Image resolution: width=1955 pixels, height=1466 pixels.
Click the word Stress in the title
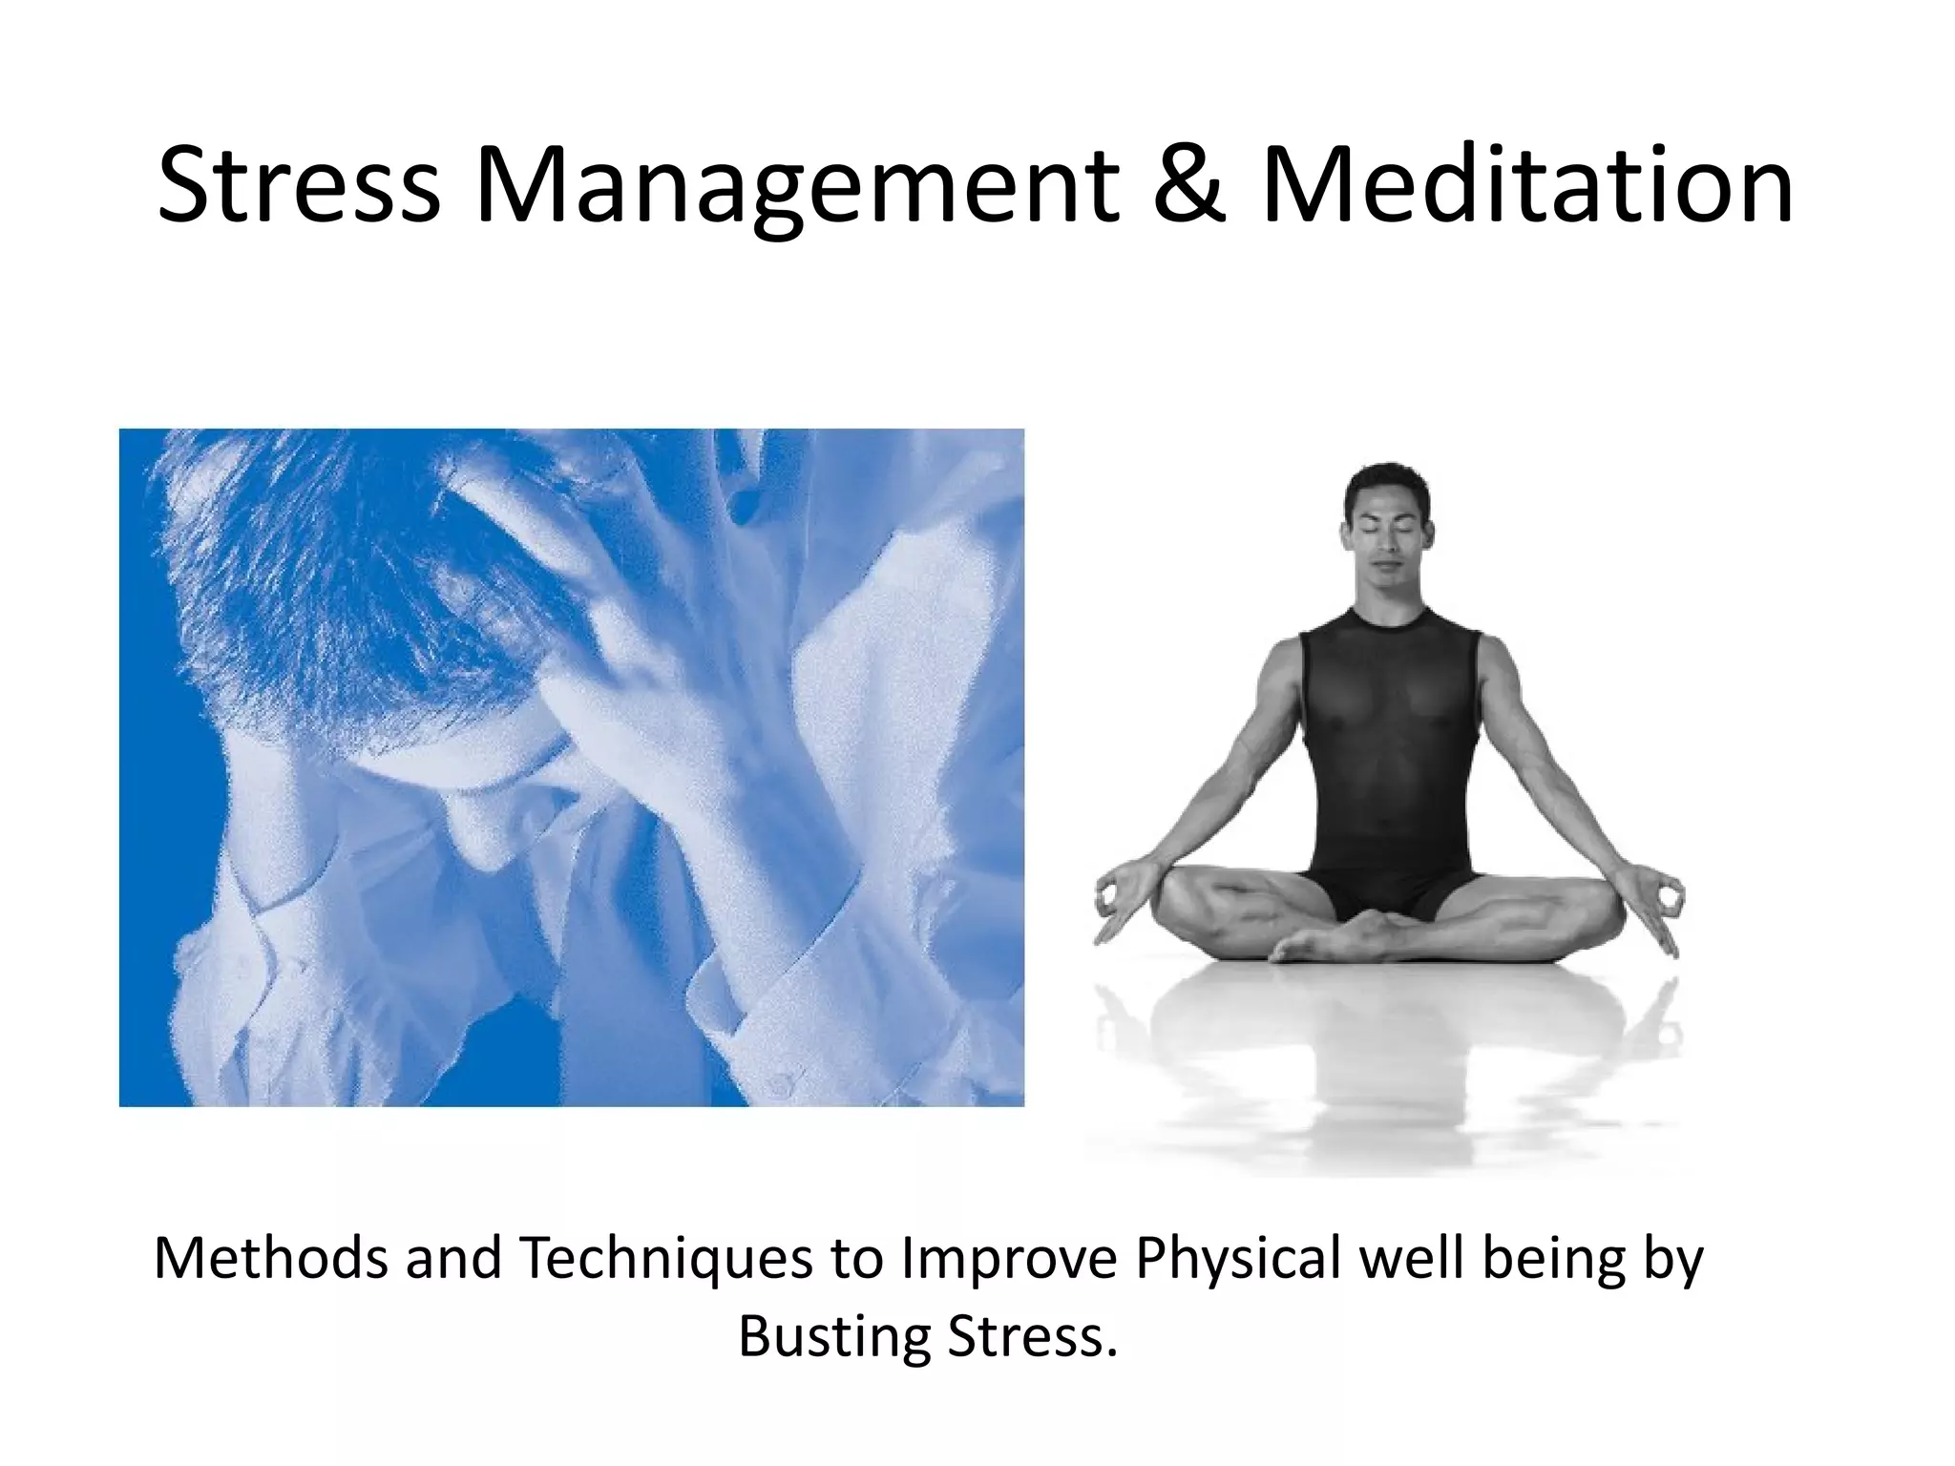point(299,184)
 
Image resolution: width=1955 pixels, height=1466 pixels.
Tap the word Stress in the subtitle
point(1032,1337)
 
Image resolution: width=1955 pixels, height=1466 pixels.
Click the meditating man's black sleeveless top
point(1389,725)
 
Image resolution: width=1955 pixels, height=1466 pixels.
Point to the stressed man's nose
point(487,840)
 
